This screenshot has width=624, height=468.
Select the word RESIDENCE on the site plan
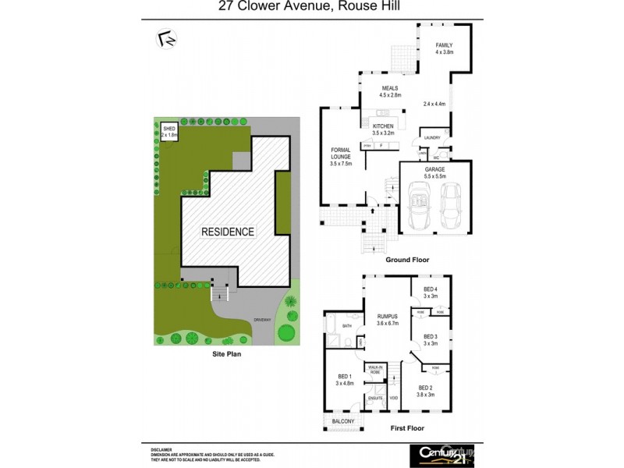click(228, 232)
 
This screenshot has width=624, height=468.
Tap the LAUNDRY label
click(432, 138)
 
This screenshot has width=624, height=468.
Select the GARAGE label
click(434, 172)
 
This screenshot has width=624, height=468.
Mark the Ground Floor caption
click(412, 259)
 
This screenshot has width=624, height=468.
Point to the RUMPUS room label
click(387, 318)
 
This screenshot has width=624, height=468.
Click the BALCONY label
click(343, 422)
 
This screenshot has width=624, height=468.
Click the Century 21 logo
click(441, 453)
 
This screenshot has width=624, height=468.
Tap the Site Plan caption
click(229, 353)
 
